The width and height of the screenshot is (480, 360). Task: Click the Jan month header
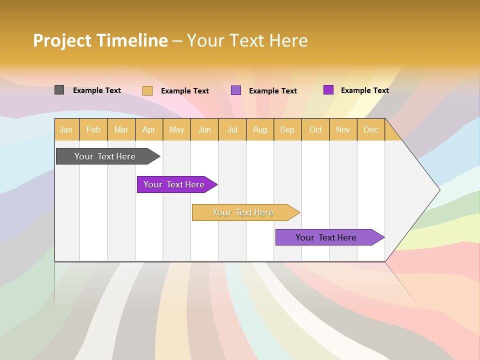point(66,129)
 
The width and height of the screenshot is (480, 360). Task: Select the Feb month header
point(93,129)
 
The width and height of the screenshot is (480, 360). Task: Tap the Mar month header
point(121,129)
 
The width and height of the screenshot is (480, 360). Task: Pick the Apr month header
point(149,129)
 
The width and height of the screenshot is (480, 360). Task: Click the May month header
point(176,129)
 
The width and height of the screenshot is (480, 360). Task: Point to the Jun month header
point(204,129)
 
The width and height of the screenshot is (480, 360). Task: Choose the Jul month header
point(232,129)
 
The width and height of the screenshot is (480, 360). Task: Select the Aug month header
point(260,129)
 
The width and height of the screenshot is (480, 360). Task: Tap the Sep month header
point(287,129)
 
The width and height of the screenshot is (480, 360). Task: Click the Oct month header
point(315,129)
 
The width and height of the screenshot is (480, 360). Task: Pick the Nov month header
point(343,129)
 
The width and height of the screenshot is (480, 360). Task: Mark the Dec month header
point(371,129)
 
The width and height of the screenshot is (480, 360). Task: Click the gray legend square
point(59,90)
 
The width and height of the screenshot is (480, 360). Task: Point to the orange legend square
point(147,90)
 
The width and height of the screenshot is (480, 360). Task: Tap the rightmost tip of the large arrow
point(439,189)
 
